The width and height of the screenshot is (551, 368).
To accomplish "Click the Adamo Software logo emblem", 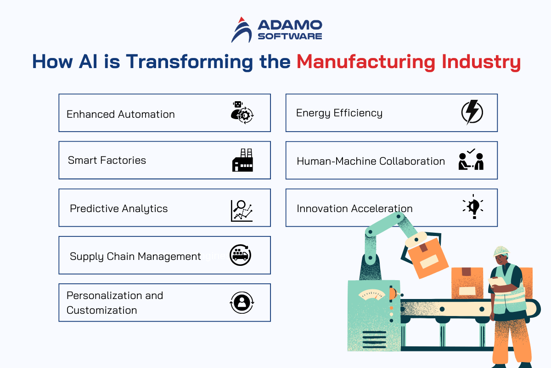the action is (x=242, y=30).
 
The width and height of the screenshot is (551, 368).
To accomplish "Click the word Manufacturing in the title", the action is (x=366, y=61).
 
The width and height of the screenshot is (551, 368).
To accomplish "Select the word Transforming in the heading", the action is (x=189, y=61).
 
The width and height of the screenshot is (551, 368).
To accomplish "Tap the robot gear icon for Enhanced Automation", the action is (x=242, y=112).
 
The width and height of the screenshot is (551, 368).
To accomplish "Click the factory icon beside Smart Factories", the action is (x=242, y=160).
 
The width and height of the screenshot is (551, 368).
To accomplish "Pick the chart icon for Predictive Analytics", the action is (x=242, y=211).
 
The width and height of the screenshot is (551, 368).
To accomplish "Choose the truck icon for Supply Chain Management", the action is (x=240, y=255).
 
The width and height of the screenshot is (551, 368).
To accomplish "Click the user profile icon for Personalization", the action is (x=242, y=302).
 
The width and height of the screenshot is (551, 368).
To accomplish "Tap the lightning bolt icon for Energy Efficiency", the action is (x=472, y=112).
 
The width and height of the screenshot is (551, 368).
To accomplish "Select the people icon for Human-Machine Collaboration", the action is (x=471, y=159).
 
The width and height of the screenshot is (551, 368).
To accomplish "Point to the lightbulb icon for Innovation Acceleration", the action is (x=473, y=207).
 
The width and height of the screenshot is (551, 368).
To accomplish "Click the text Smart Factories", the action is (x=107, y=160).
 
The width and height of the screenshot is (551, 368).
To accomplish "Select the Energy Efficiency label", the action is (x=339, y=113).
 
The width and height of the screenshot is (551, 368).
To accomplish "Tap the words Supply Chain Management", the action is (x=135, y=257).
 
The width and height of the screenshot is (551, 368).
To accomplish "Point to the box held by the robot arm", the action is (x=427, y=258).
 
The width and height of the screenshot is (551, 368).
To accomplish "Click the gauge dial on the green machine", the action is (x=371, y=294).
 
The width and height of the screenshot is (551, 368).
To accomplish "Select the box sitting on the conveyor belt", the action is (x=467, y=283).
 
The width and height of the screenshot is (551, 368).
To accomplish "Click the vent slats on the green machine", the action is (x=374, y=339).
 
